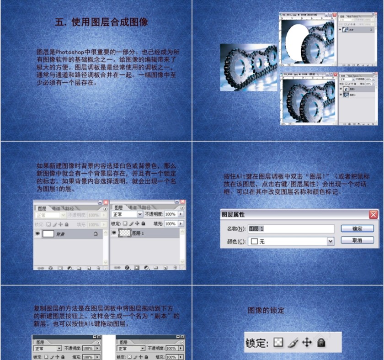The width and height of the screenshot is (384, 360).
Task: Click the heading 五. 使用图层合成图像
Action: click(x=101, y=22)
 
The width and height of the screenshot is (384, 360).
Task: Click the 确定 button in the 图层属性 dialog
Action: click(x=357, y=228)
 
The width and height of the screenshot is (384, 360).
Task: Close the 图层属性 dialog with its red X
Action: click(x=373, y=214)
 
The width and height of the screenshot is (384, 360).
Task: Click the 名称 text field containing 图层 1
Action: click(x=290, y=228)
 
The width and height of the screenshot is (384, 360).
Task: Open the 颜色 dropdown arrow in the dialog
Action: click(x=331, y=241)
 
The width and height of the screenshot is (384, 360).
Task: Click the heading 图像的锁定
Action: click(x=266, y=311)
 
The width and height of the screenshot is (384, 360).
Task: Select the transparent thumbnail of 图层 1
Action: click(x=124, y=233)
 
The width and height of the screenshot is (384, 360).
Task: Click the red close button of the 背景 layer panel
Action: click(x=106, y=201)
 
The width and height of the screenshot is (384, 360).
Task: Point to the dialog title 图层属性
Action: click(x=233, y=214)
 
